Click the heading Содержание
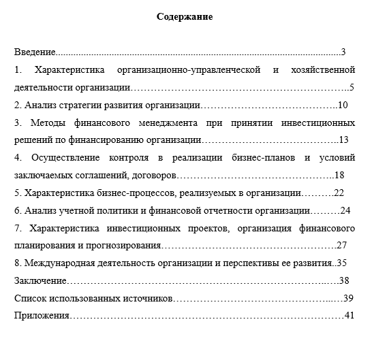point(185,17)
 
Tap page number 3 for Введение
point(344,52)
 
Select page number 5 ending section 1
point(351,87)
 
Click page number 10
point(343,105)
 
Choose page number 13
point(343,140)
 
